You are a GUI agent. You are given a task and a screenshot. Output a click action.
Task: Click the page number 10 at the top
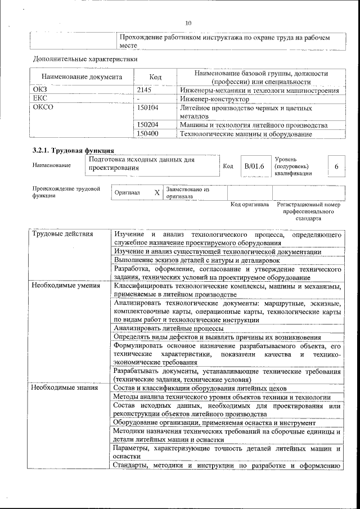[x=188, y=23]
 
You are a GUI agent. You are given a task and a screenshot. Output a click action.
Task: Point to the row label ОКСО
[x=44, y=107]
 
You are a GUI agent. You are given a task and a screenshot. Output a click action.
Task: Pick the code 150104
[x=148, y=107]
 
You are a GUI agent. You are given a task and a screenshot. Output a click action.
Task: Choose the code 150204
[x=148, y=125]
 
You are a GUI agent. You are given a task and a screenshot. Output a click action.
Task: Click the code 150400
[x=148, y=134]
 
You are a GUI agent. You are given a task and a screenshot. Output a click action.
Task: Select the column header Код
[x=155, y=77]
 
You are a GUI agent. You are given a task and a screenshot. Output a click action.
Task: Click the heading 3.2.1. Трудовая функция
[x=74, y=150]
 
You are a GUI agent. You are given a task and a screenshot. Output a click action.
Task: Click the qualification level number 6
[x=336, y=167]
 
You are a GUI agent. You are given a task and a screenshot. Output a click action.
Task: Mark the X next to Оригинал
[x=157, y=192]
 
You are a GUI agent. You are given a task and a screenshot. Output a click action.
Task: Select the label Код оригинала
[x=250, y=205]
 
